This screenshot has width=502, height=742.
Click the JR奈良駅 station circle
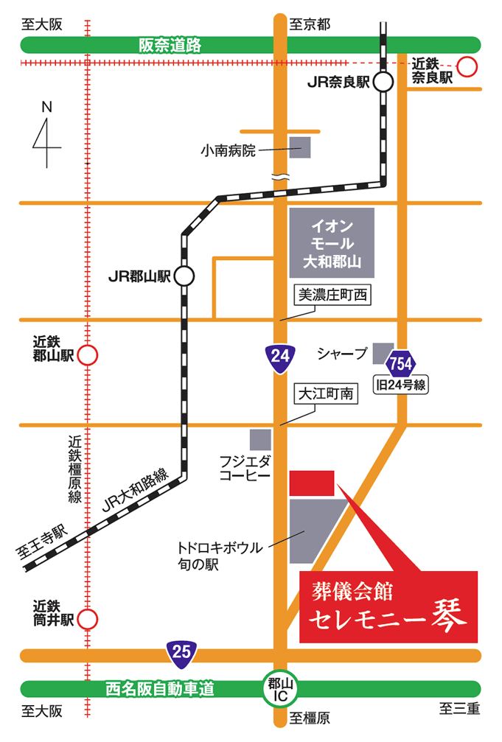[x=383, y=82]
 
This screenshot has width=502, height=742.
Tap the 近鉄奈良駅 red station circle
[x=467, y=68]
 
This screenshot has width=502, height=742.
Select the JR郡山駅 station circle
[x=184, y=276]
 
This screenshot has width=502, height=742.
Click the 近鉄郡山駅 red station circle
[x=88, y=356]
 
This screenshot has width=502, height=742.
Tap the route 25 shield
[x=181, y=651]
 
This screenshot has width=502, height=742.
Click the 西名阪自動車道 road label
[x=160, y=690]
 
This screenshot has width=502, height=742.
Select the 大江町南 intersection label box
[x=325, y=394]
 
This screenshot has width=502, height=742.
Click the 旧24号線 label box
[x=401, y=385]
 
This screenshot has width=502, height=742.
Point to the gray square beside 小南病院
[x=299, y=147]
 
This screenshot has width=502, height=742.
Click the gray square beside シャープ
[x=383, y=353]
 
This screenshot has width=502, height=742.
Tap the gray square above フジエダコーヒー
[x=260, y=440]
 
